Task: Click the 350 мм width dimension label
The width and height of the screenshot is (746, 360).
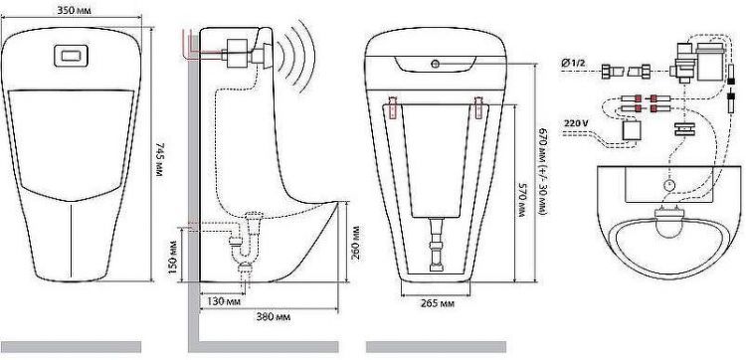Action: click(74, 10)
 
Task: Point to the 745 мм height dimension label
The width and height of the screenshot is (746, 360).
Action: click(159, 159)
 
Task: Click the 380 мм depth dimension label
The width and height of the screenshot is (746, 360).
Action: click(274, 316)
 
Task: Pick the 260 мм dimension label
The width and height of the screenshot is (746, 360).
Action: click(355, 243)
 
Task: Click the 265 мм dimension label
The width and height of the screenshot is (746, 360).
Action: click(438, 304)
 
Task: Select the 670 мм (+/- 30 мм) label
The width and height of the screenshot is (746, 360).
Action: click(543, 171)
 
